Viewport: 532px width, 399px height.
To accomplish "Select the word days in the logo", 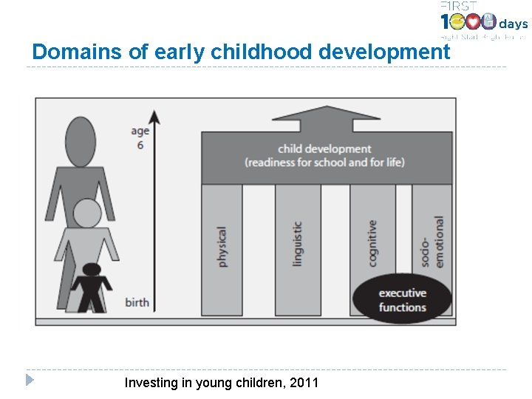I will coord(514,24).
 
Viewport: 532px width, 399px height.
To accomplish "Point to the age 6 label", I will coord(140,137).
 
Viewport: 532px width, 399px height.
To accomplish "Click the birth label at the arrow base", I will coord(137,302).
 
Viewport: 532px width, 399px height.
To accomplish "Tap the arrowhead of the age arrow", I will coord(154,116).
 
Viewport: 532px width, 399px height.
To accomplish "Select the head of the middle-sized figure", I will coord(87,214).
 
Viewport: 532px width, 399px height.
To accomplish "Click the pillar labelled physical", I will coord(222,248).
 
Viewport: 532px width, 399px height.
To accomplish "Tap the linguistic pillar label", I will coord(297,244).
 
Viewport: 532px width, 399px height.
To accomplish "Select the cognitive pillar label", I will coord(372,244).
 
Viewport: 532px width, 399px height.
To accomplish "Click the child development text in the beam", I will coord(324,149).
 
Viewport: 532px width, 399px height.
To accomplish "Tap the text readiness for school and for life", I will coord(324,163).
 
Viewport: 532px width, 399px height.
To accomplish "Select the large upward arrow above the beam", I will coord(325,118).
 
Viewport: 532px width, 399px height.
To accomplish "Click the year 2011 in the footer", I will coord(305,383).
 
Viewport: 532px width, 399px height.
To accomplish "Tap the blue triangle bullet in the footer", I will coord(29,381).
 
